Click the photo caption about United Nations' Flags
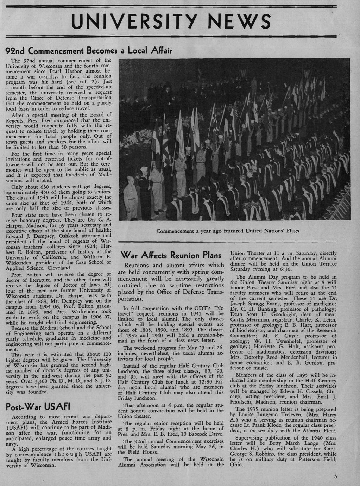pos(228,231)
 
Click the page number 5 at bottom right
pos(336,476)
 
